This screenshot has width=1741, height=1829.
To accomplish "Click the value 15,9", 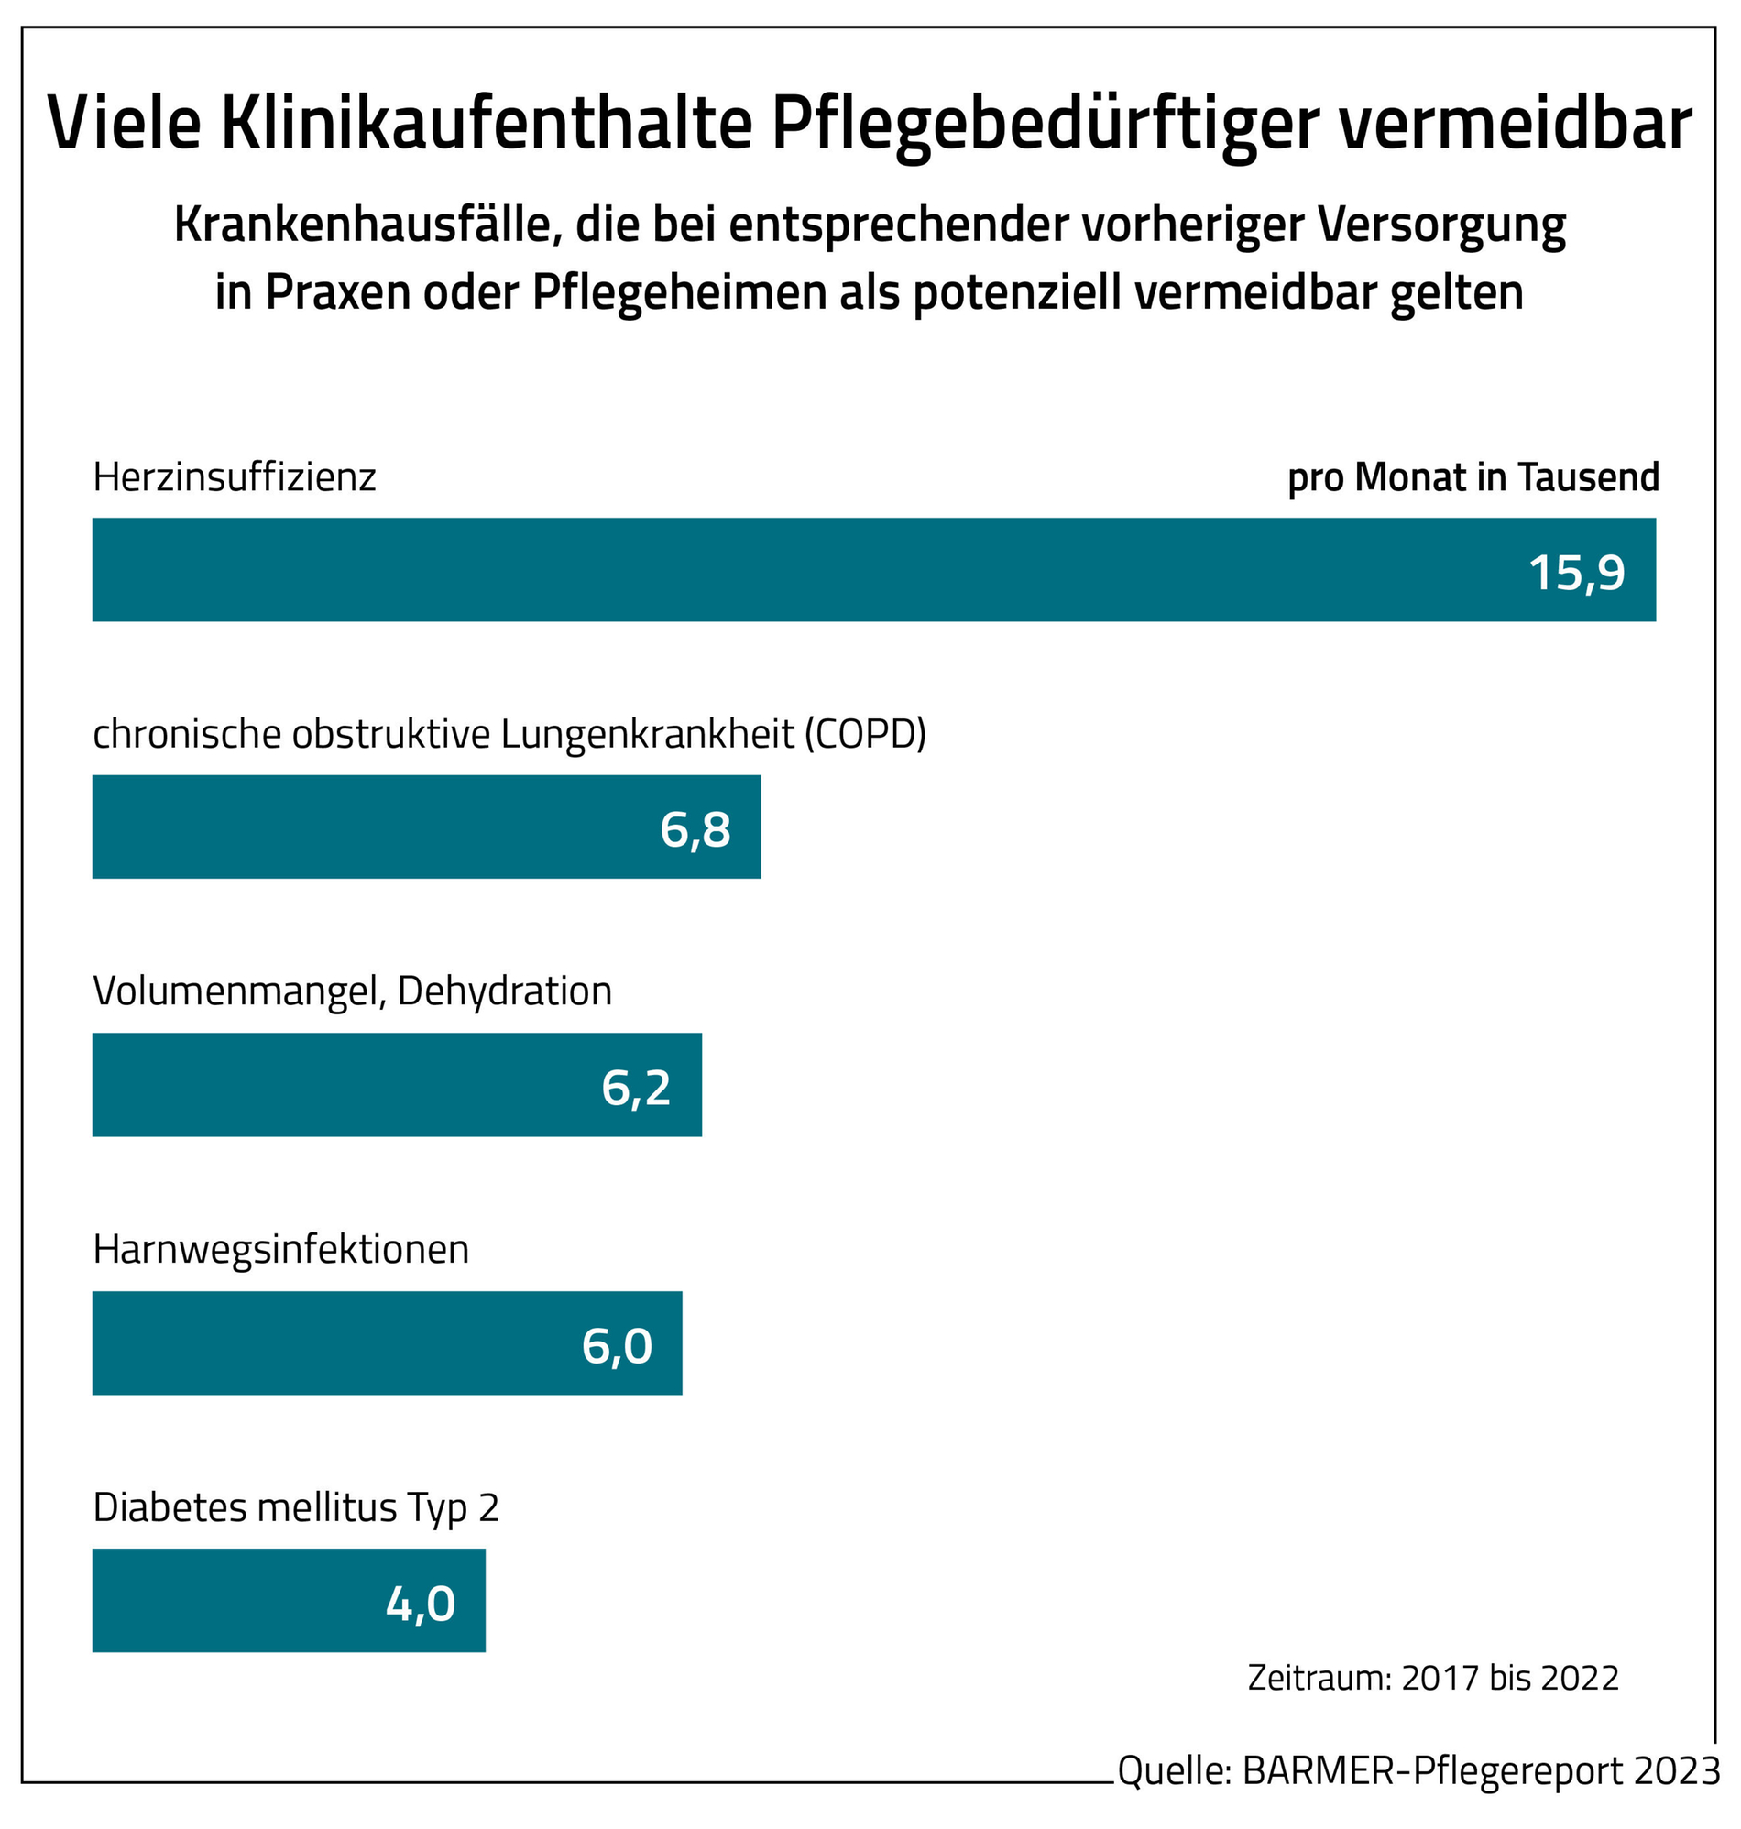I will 1577,573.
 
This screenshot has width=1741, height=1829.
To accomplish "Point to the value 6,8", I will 695,829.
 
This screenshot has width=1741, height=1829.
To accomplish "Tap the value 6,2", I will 636,1088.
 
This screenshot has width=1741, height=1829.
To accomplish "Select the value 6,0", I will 618,1345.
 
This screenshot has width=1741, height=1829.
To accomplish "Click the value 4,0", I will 421,1604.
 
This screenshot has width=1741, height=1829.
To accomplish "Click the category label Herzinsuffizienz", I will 235,478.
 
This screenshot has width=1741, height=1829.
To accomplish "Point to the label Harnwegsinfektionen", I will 281,1250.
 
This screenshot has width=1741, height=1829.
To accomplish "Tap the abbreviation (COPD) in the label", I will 865,734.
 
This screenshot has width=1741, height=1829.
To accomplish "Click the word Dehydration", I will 505,992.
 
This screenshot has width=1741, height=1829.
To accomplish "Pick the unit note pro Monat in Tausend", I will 1473,478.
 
